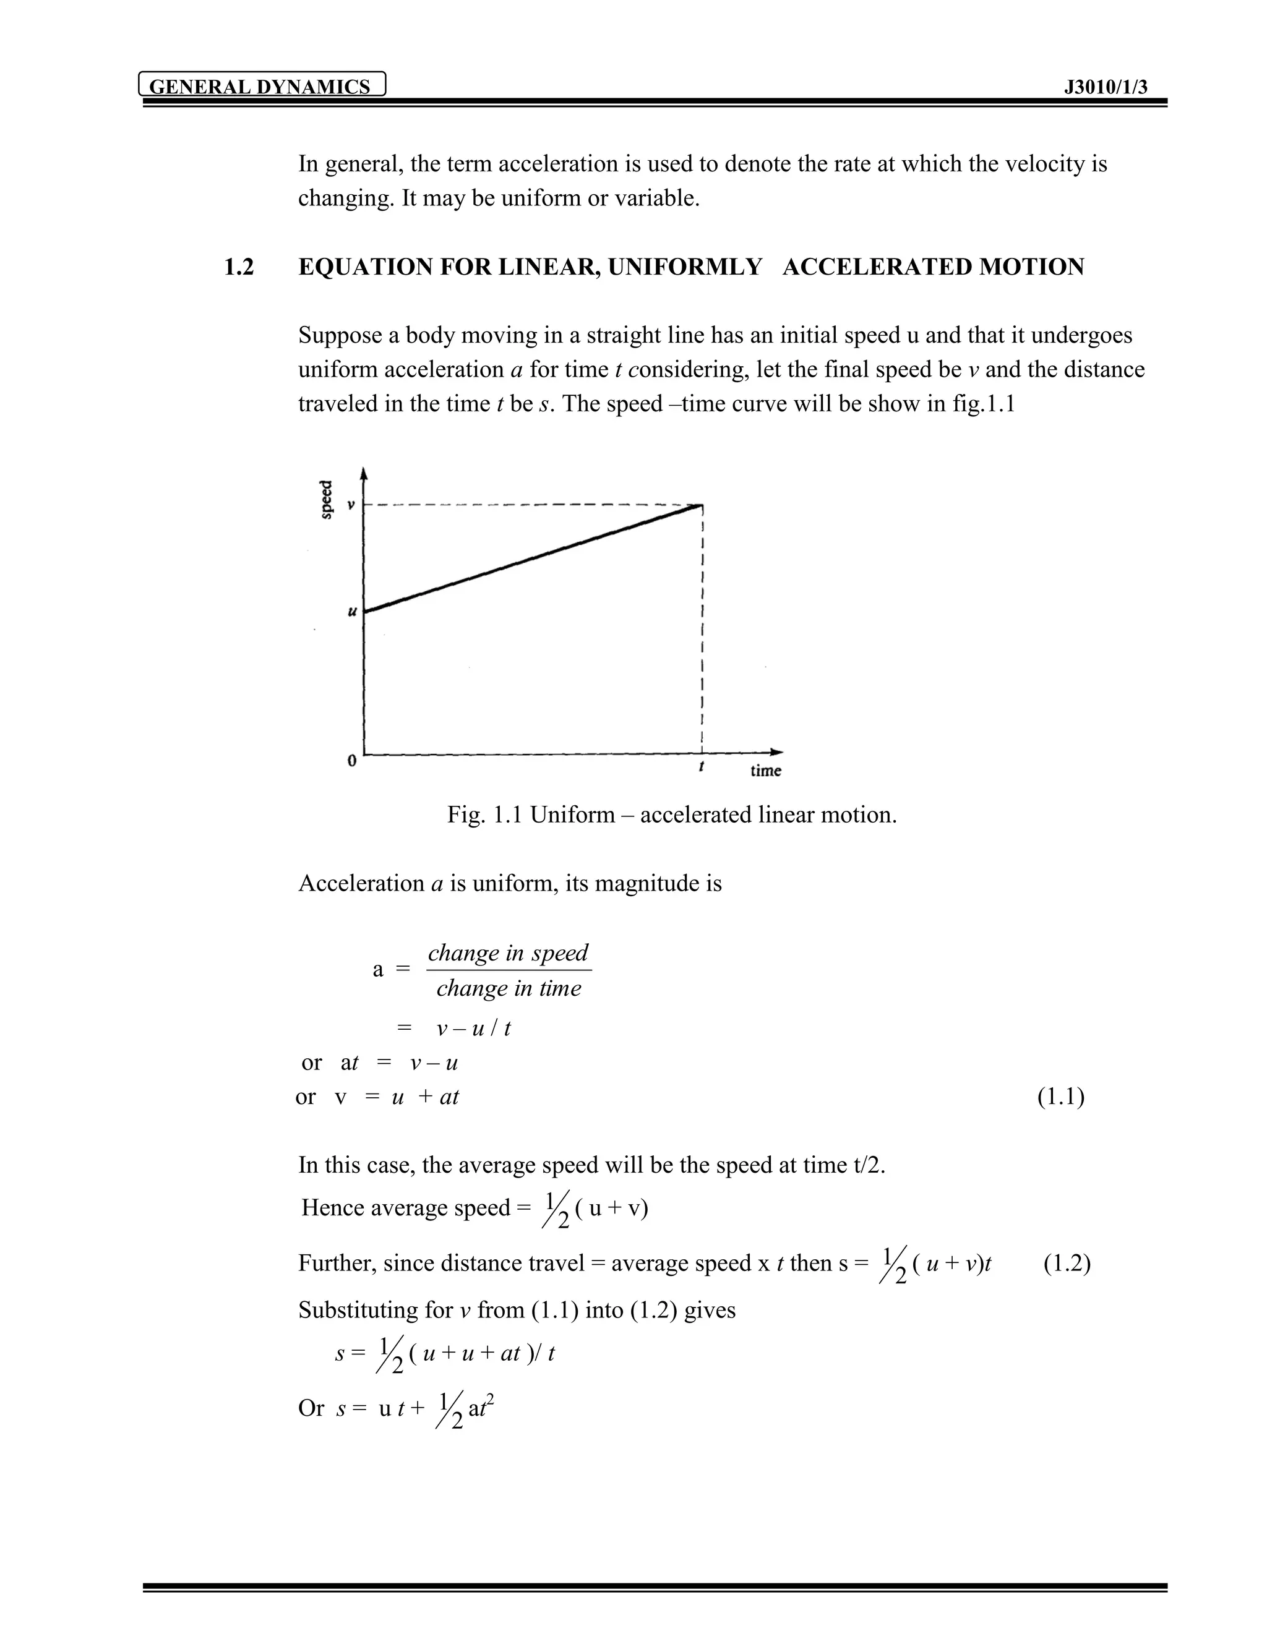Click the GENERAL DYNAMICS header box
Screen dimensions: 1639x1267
[262, 85]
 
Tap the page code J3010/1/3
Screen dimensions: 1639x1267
[1106, 87]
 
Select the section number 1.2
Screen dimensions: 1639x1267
[239, 267]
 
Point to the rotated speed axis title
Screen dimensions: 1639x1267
[327, 499]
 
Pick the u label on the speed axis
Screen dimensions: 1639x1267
[351, 612]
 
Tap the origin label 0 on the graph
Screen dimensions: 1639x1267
[351, 761]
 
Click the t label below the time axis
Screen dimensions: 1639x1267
[701, 767]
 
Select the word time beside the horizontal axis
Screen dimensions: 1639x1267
[766, 771]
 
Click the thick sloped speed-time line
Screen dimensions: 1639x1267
[533, 558]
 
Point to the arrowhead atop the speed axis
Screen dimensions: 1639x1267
[364, 473]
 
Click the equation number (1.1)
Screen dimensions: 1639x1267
[1060, 1097]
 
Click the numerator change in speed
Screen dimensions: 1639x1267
[508, 953]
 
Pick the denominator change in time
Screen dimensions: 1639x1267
[508, 988]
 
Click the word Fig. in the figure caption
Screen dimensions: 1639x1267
[466, 815]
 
